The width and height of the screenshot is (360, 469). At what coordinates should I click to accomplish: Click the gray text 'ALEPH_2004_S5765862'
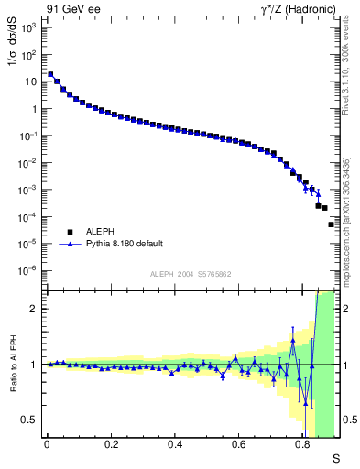[191, 274]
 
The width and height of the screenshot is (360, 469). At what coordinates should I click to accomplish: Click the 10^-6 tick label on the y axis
[28, 270]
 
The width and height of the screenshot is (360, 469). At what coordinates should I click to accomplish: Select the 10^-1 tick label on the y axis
[28, 136]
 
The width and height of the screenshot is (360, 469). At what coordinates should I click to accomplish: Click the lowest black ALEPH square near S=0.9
[332, 224]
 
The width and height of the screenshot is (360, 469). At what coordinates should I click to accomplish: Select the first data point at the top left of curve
[50, 75]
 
